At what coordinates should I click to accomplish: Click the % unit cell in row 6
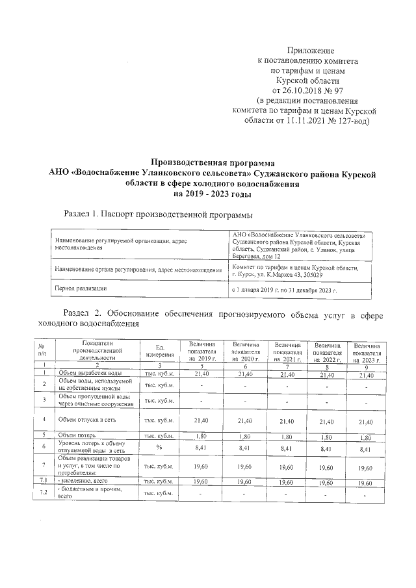pos(158,447)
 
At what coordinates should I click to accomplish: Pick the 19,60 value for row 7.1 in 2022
pos(327,483)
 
